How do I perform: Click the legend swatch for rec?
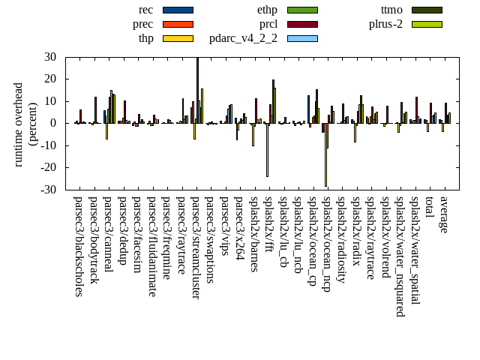click(x=178, y=10)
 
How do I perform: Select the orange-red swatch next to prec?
click(x=178, y=24)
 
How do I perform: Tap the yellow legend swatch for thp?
click(x=178, y=38)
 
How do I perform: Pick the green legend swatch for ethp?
click(x=302, y=10)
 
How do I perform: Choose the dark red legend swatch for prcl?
click(x=302, y=24)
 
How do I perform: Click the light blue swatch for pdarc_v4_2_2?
click(x=302, y=38)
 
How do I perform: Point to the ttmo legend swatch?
click(x=426, y=10)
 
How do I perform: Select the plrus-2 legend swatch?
click(x=426, y=24)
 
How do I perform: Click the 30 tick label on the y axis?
click(x=50, y=57)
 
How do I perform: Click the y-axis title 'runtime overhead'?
click(x=19, y=124)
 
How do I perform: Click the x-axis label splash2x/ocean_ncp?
click(x=328, y=244)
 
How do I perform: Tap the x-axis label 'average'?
click(x=445, y=214)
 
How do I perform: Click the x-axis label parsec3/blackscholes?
click(x=79, y=247)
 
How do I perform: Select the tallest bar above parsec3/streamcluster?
click(x=197, y=90)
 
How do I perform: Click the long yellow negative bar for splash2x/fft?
click(x=267, y=150)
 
